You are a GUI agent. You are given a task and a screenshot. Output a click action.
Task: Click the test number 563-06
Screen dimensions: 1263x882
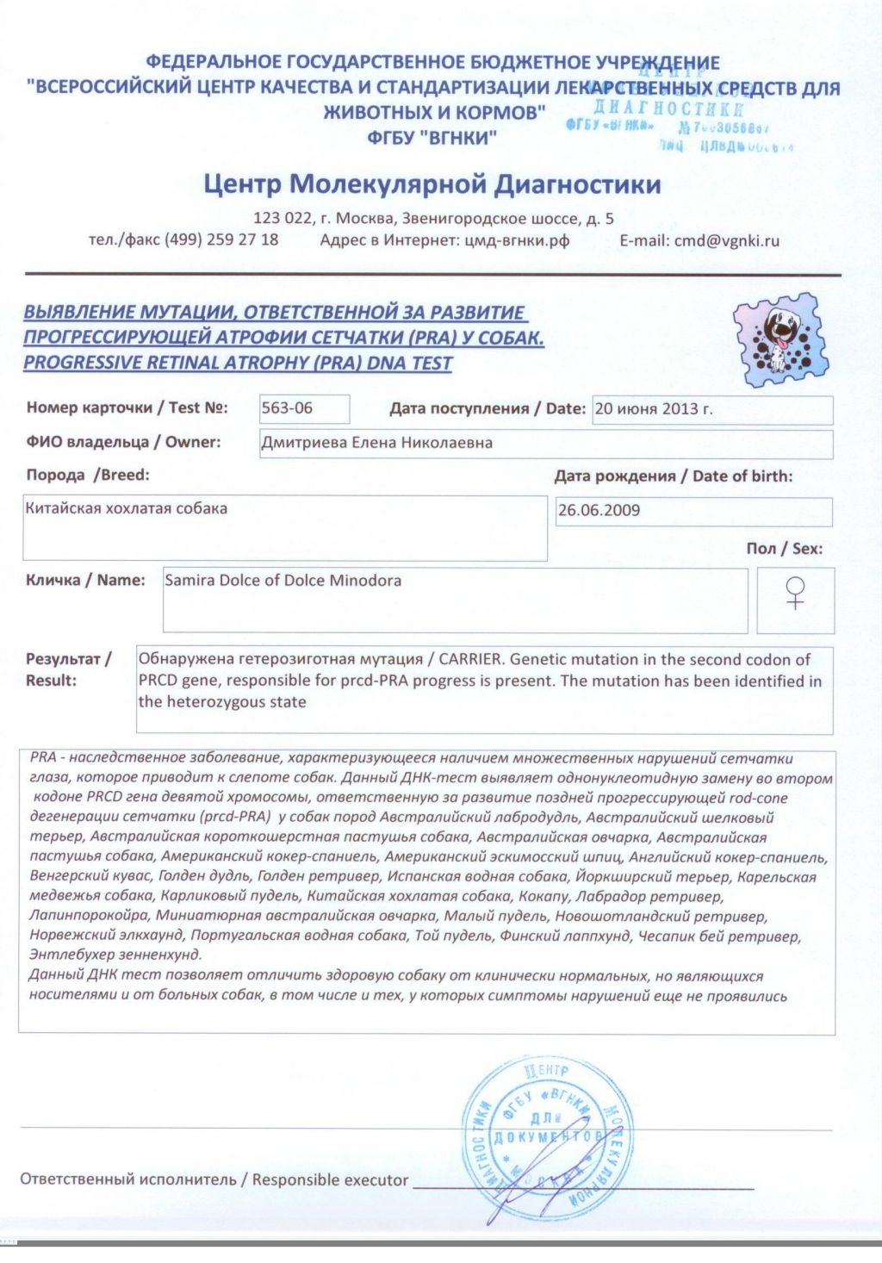tap(288, 408)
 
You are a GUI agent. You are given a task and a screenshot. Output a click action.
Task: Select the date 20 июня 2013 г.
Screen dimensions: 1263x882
tap(654, 409)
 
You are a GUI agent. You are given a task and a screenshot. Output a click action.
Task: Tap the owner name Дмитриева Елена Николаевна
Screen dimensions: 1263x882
tap(377, 443)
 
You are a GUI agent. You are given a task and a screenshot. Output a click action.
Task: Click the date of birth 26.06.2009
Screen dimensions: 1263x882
tap(599, 510)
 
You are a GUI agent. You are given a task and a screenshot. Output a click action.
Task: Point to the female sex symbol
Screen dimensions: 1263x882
tap(796, 593)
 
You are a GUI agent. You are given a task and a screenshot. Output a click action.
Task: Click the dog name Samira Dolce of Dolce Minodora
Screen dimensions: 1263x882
tap(283, 580)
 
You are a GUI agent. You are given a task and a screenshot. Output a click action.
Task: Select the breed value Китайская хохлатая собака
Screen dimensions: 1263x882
tap(127, 508)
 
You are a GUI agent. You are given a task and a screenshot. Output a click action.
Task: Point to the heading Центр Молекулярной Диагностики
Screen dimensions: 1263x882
tap(432, 184)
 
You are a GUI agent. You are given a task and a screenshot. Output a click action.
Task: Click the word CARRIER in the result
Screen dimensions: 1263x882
tap(469, 659)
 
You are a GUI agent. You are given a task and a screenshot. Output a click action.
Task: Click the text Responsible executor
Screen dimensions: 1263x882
tap(330, 1179)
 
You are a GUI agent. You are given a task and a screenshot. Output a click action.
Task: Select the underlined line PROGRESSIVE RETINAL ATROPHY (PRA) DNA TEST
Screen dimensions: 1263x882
tap(238, 363)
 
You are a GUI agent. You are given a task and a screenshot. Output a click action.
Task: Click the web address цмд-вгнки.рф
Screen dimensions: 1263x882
tap(517, 240)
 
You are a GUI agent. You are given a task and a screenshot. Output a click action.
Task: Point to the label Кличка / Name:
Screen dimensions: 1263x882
tap(85, 580)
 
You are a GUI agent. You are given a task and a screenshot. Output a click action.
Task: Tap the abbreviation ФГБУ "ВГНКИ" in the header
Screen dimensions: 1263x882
tap(432, 137)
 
